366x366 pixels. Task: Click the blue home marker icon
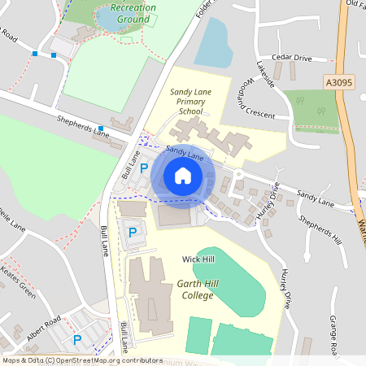point(182,176)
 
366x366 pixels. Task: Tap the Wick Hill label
point(198,259)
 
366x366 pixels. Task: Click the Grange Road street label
point(333,334)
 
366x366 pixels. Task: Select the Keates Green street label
point(16,280)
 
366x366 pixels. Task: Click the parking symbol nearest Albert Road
point(77,339)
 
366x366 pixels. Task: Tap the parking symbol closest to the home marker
point(144,168)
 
